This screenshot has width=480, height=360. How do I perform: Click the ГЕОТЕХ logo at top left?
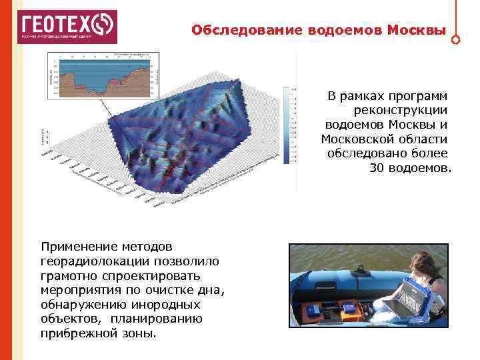pyautogui.click(x=66, y=27)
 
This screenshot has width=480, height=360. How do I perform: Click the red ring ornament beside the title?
pyautogui.click(x=455, y=39)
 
